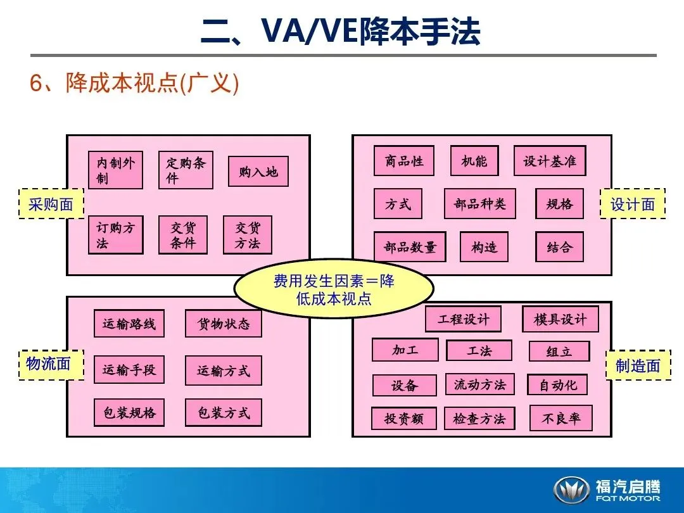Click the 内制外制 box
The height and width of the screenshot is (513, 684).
pyautogui.click(x=115, y=170)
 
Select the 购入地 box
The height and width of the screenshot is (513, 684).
pyautogui.click(x=258, y=172)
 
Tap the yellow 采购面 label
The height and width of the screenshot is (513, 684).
pyautogui.click(x=51, y=204)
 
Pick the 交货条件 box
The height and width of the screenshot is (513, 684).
pyautogui.click(x=182, y=235)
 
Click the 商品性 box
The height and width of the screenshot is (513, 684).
pyautogui.click(x=404, y=161)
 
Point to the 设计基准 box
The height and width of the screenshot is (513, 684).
pyautogui.click(x=549, y=161)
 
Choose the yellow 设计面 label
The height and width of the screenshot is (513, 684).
pyautogui.click(x=632, y=204)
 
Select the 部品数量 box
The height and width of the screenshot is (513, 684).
pyautogui.click(x=410, y=247)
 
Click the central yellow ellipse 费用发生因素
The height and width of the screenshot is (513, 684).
pyautogui.click(x=334, y=289)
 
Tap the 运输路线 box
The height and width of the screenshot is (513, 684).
pyautogui.click(x=129, y=324)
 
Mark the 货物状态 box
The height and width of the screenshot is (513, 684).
pyautogui.click(x=223, y=324)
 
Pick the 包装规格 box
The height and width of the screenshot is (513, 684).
pyautogui.click(x=129, y=413)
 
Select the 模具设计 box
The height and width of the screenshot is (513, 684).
pyautogui.click(x=559, y=319)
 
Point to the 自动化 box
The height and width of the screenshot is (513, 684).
pyautogui.click(x=557, y=384)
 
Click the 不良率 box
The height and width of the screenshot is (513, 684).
pyautogui.click(x=560, y=418)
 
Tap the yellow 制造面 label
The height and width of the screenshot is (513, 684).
pyautogui.click(x=638, y=365)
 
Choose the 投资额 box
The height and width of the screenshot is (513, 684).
pyautogui.click(x=403, y=419)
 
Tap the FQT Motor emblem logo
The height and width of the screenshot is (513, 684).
pyautogui.click(x=571, y=490)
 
